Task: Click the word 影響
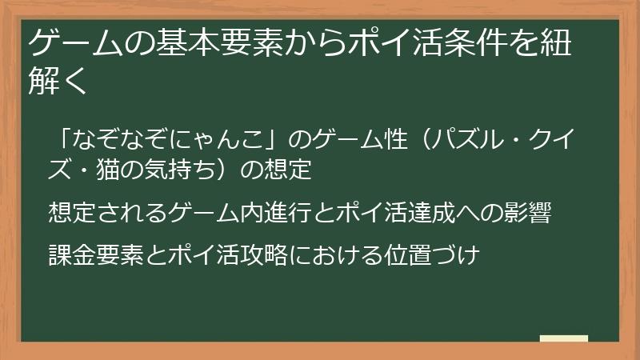pos(526,213)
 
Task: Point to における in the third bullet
pos(335,256)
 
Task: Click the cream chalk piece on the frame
pos(563,338)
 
